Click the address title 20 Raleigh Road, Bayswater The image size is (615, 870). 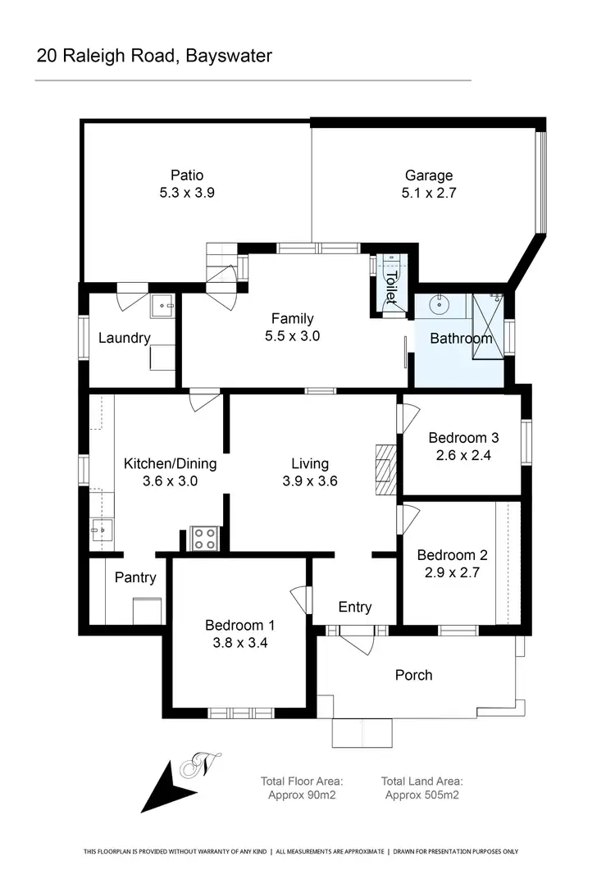pyautogui.click(x=154, y=56)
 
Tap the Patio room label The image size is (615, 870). pyautogui.click(x=187, y=175)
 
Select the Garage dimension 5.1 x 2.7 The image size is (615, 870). pyautogui.click(x=428, y=194)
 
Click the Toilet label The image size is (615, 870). pyautogui.click(x=391, y=287)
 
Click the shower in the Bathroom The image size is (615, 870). pyautogui.click(x=489, y=325)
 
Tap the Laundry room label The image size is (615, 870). pyautogui.click(x=124, y=338)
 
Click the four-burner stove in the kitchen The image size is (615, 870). pyautogui.click(x=204, y=538)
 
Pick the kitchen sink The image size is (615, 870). pyautogui.click(x=102, y=531)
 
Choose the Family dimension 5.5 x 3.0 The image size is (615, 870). pyautogui.click(x=293, y=336)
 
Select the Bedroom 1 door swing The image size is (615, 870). pyautogui.click(x=301, y=600)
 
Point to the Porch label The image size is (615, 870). pyautogui.click(x=413, y=675)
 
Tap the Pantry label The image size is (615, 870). pyautogui.click(x=135, y=577)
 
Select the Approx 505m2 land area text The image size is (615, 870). pyautogui.click(x=421, y=795)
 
